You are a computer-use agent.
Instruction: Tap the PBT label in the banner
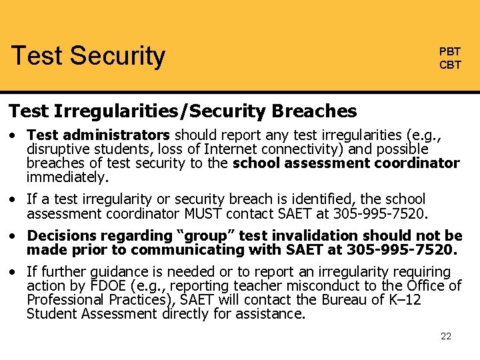click(x=449, y=52)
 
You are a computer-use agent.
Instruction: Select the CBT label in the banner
click(x=449, y=65)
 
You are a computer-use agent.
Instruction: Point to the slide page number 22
click(x=446, y=336)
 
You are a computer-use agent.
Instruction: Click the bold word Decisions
click(x=61, y=236)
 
